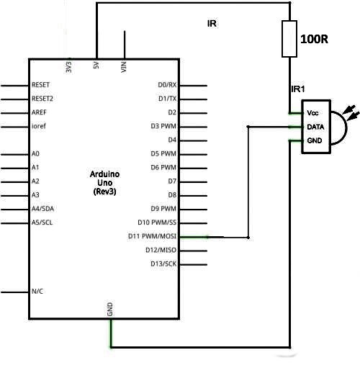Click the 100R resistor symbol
tap(289, 39)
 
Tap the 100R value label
tap(314, 39)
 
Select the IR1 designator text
tap(298, 89)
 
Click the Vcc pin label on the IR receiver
tap(312, 113)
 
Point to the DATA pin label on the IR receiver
tap(315, 127)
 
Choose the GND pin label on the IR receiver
tap(315, 140)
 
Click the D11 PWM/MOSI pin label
tap(153, 236)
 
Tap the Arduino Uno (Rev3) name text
tap(105, 183)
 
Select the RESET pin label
tap(40, 85)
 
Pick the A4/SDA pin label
tap(42, 209)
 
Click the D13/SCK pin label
tap(163, 264)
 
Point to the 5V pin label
tap(96, 66)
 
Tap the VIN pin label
tap(124, 67)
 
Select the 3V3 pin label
tap(69, 67)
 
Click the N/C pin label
tap(37, 292)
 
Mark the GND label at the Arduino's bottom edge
tap(110, 310)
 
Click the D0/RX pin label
tap(167, 85)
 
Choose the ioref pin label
tap(39, 126)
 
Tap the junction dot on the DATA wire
tap(248, 127)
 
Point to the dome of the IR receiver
tap(346, 127)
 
